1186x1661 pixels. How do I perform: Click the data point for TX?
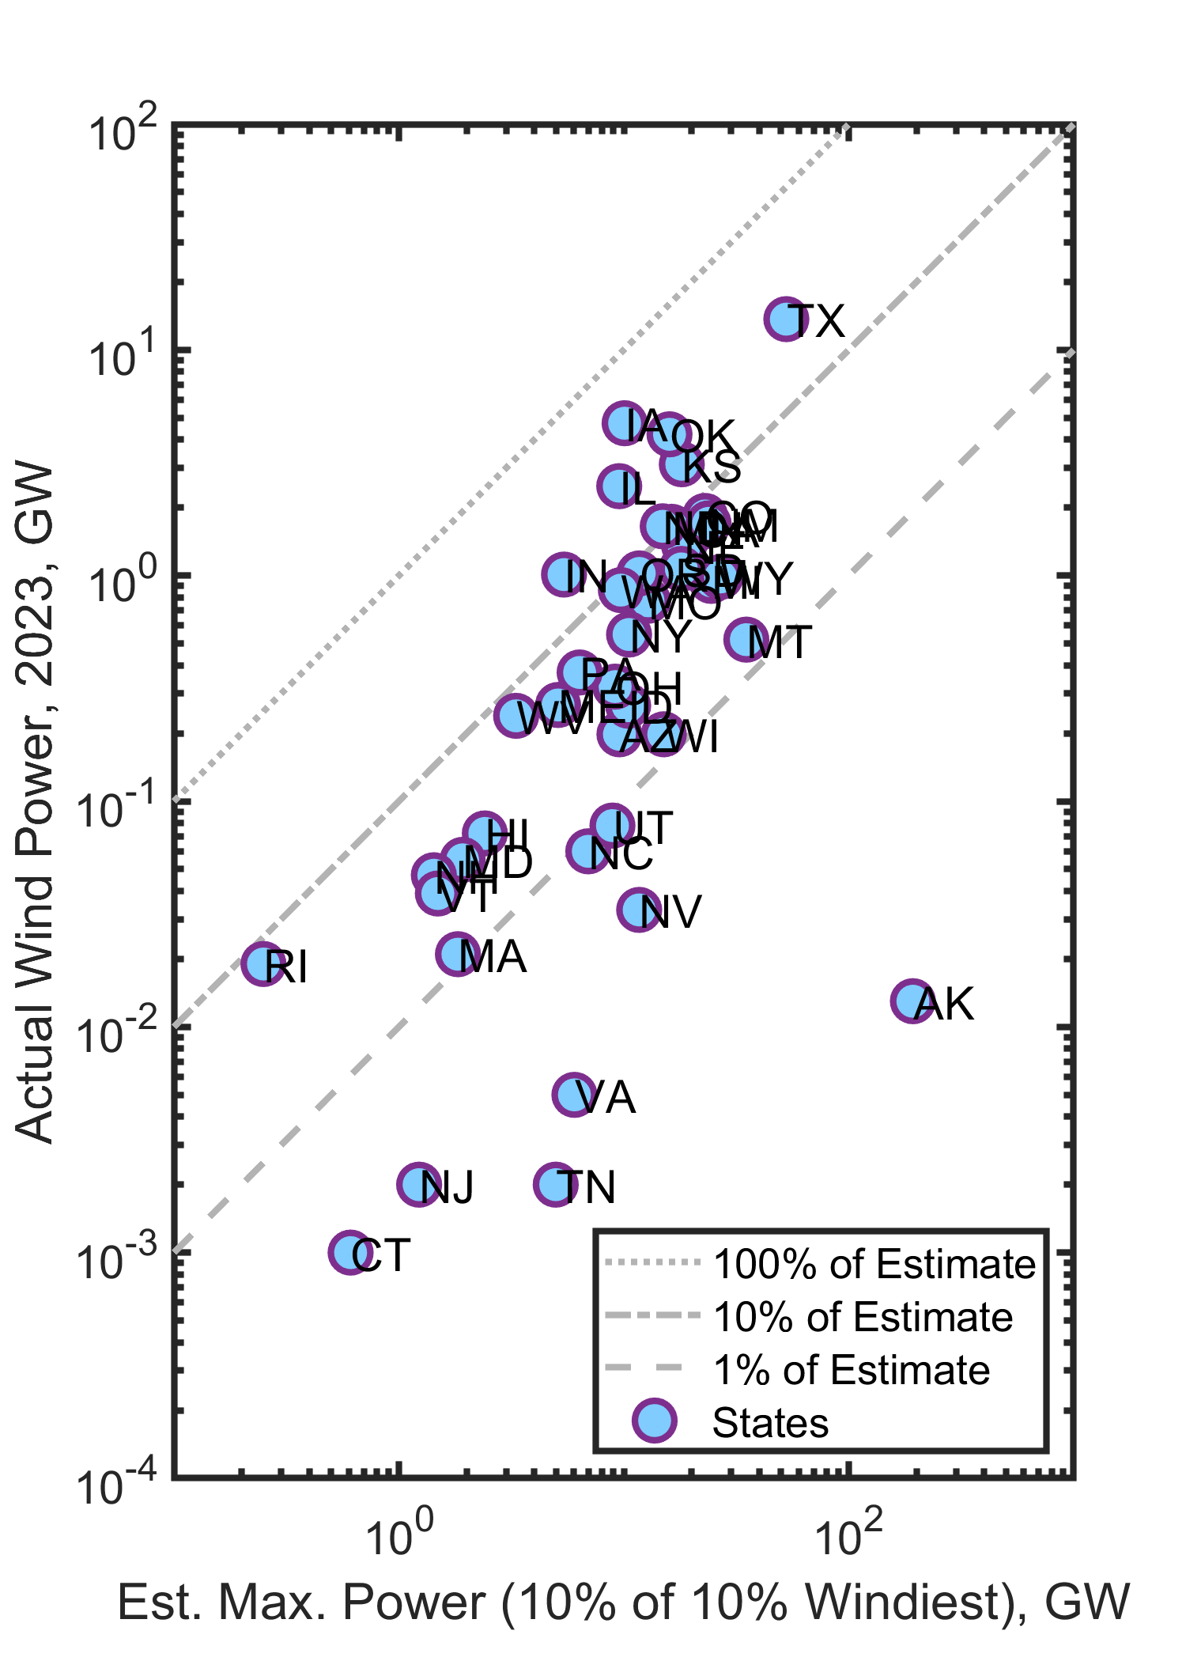(x=786, y=320)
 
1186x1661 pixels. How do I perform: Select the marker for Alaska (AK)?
(x=912, y=1001)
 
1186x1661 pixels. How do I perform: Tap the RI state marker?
(x=263, y=963)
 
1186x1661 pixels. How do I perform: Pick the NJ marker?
(x=419, y=1184)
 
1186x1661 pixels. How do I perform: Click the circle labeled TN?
(x=556, y=1184)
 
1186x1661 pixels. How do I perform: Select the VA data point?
(x=575, y=1095)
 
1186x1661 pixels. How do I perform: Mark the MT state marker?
(x=746, y=639)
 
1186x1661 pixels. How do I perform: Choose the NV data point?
(x=640, y=910)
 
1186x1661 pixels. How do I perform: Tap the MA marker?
(x=458, y=955)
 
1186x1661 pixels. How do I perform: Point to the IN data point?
(x=564, y=574)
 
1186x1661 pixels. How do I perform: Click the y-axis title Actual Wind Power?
(x=35, y=802)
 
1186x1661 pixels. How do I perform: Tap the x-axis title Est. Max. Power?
(x=623, y=1602)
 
